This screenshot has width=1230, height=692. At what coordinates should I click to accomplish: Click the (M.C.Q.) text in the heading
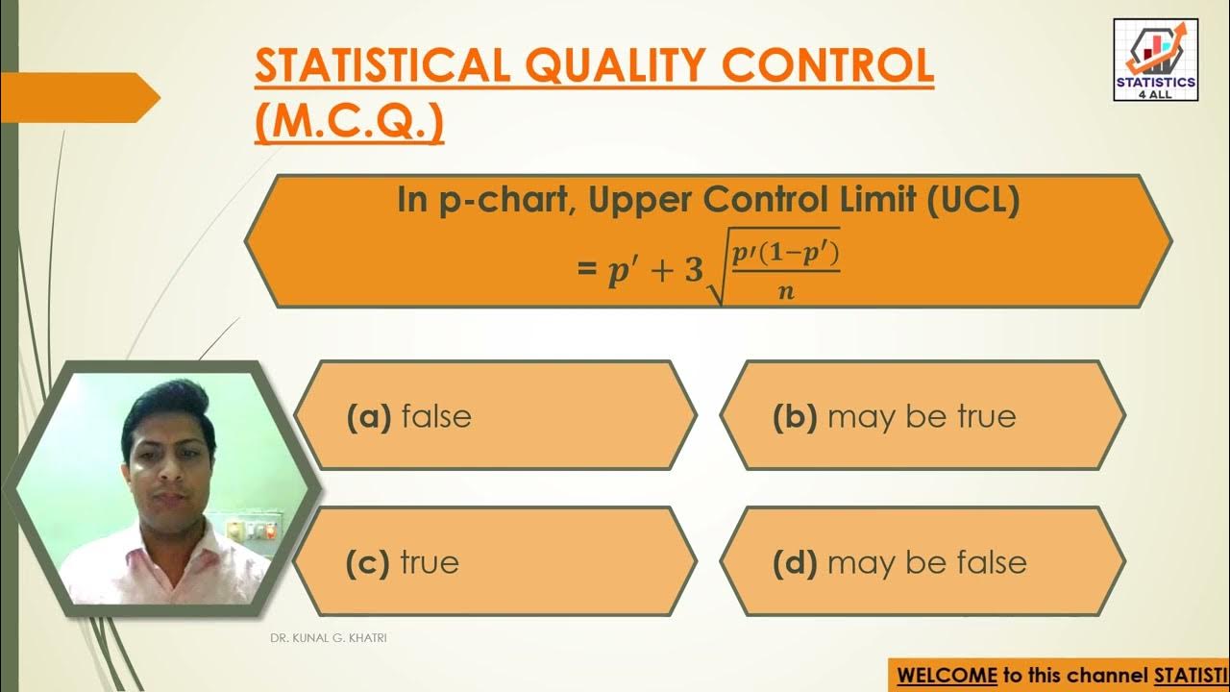tap(350, 122)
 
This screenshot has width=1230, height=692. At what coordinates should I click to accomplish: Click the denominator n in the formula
tap(786, 291)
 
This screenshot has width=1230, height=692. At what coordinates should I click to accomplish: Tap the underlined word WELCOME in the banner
tap(947, 675)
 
